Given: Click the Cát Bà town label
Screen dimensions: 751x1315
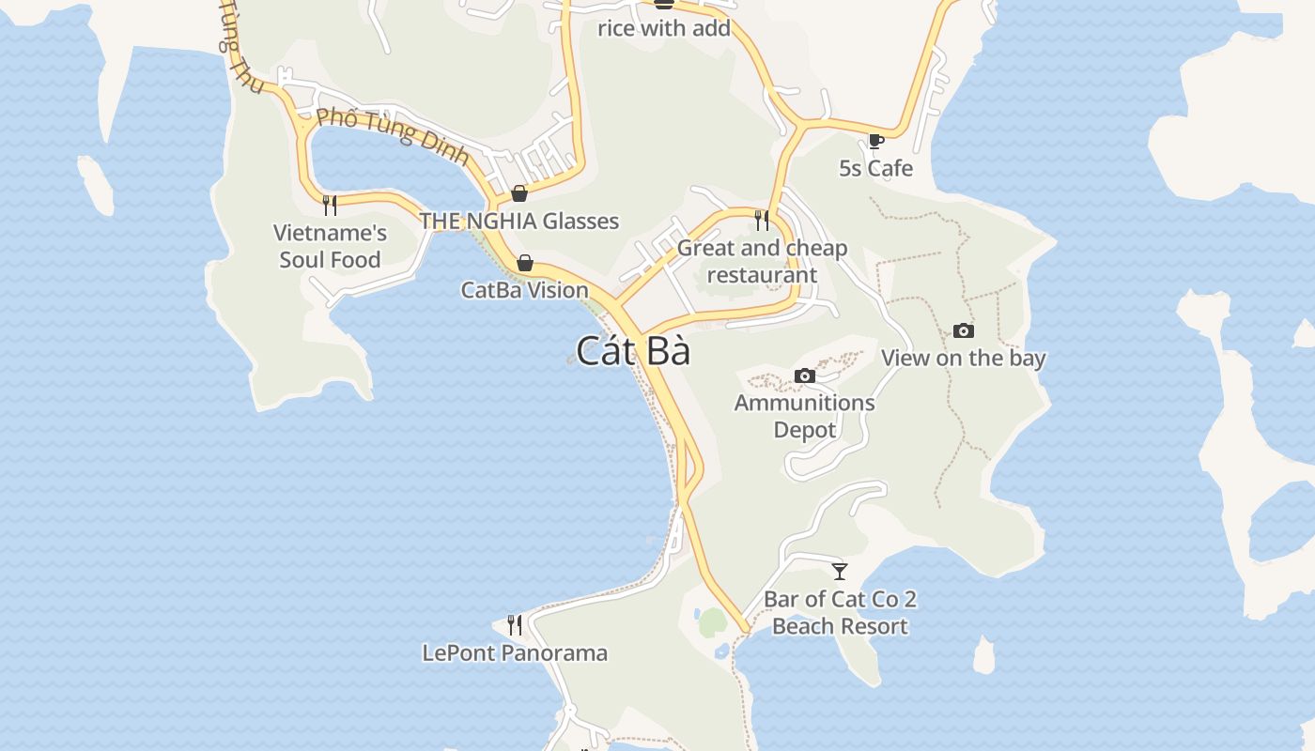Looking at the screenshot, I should click(633, 351).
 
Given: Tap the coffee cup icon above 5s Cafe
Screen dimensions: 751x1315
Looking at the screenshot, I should click(875, 142).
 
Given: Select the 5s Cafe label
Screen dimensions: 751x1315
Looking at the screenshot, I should click(875, 168).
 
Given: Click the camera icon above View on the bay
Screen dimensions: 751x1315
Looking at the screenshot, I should click(963, 330).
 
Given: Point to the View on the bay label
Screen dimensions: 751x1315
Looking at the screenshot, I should click(963, 358).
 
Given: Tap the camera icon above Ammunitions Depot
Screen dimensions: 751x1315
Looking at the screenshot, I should click(804, 375).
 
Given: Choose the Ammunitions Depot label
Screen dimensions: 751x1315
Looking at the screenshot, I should click(804, 416).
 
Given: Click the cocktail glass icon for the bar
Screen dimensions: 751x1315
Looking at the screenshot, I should click(840, 571).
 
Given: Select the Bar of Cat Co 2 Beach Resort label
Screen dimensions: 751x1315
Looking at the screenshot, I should click(840, 612).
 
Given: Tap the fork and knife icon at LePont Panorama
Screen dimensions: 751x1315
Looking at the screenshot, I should click(515, 624).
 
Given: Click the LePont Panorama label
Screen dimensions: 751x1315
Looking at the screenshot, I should click(515, 652).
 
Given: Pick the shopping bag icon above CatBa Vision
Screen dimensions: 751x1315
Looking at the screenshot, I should click(525, 263).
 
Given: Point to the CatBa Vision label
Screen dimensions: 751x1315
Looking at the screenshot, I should click(525, 290).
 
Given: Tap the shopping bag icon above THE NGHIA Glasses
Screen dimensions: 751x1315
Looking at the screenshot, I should click(518, 194).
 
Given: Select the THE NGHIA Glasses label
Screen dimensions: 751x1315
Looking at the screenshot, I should click(518, 221).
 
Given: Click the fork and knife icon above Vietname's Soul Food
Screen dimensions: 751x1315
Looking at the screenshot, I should click(330, 205).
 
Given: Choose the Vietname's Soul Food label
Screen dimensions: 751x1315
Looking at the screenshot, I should click(330, 246).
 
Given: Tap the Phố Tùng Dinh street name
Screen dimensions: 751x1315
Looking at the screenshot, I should click(393, 136).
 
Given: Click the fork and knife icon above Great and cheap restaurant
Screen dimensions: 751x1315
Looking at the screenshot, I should click(762, 221).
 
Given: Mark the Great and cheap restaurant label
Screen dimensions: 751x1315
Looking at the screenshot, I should click(762, 261).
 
